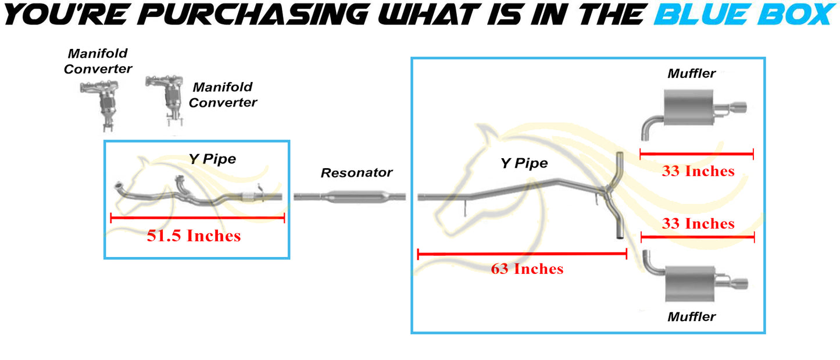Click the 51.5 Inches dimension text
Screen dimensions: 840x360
click(x=194, y=236)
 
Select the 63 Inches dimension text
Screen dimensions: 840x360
click(x=527, y=269)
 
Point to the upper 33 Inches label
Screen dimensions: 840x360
click(x=698, y=172)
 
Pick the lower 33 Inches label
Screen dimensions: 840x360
click(x=698, y=224)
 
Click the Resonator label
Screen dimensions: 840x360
click(x=356, y=173)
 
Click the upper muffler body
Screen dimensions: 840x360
click(x=688, y=108)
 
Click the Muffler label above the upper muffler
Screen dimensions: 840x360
click(x=692, y=73)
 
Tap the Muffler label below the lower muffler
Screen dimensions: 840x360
click(x=692, y=317)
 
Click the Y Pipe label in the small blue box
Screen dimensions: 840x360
click(x=213, y=159)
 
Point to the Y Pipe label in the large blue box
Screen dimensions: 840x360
click(x=524, y=163)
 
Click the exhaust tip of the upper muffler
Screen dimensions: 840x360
click(x=738, y=108)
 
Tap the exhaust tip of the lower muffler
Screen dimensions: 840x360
click(x=739, y=284)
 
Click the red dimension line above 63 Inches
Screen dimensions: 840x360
click(x=522, y=254)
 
